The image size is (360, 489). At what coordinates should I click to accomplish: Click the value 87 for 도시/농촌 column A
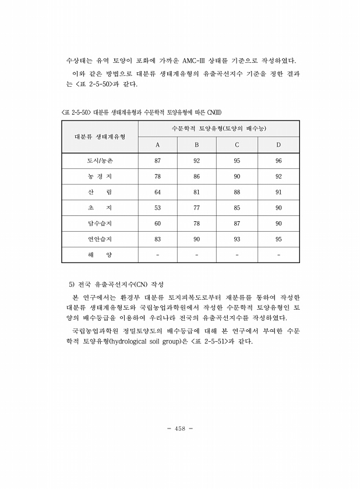(x=157, y=160)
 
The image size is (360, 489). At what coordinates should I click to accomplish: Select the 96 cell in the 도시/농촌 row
(x=278, y=160)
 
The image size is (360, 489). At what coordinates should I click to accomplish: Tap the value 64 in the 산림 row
(x=157, y=192)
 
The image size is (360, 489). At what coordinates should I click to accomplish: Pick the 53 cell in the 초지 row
(x=157, y=207)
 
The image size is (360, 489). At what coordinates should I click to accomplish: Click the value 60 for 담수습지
(x=157, y=223)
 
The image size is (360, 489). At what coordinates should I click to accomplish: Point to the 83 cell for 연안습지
(x=157, y=239)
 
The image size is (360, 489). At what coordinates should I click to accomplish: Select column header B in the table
(x=197, y=144)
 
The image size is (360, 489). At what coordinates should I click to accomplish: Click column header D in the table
(x=278, y=144)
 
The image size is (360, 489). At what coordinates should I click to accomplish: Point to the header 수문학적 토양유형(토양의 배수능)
(x=219, y=128)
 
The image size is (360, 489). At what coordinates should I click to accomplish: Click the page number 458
(x=179, y=428)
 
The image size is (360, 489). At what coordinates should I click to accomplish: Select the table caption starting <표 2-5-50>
(x=141, y=112)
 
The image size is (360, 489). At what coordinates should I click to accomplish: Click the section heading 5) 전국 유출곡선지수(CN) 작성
(x=116, y=285)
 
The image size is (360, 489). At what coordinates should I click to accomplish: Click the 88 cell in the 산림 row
(x=237, y=192)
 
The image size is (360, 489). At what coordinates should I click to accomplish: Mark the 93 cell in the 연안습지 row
(x=237, y=239)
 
